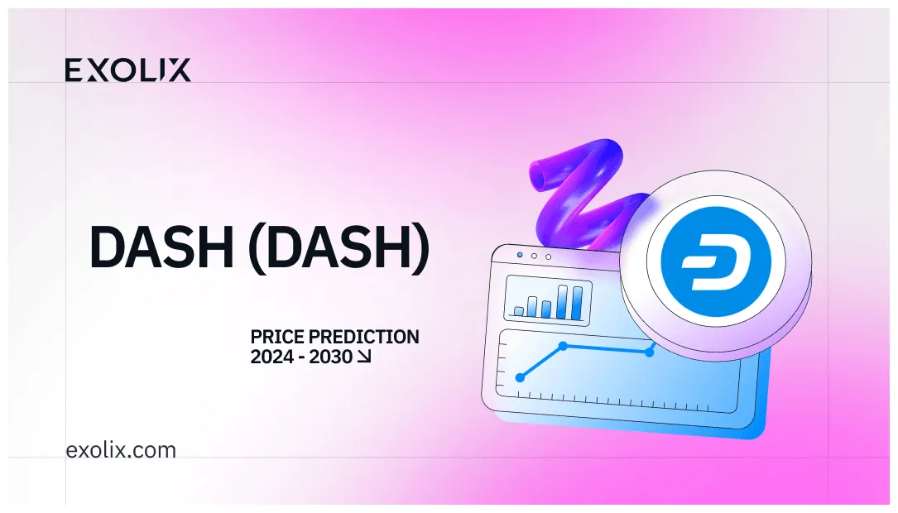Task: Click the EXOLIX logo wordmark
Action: click(127, 70)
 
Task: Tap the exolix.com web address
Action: click(121, 451)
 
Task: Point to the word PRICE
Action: click(276, 338)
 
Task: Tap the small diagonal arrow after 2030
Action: click(364, 357)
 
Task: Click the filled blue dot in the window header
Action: click(519, 256)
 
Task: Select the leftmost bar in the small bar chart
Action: click(519, 311)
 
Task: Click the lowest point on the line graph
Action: click(520, 377)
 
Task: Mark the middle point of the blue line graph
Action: click(563, 345)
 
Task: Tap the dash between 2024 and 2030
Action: click(300, 357)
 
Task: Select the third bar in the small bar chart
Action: click(546, 309)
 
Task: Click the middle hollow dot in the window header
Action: click(534, 256)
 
